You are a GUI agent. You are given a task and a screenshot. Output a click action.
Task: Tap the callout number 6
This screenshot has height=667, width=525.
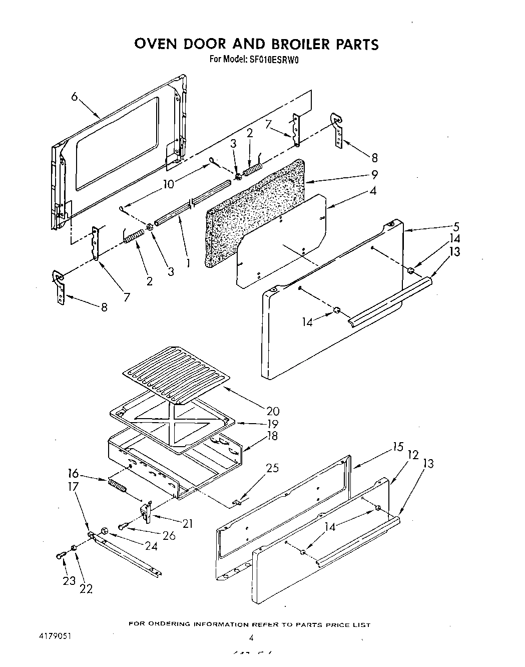tap(75, 96)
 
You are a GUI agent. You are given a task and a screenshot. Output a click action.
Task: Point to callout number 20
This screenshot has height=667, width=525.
tap(273, 411)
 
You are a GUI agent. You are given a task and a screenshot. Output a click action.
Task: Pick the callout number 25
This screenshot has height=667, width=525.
tap(272, 469)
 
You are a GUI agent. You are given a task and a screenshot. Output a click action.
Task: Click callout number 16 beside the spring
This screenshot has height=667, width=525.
tap(73, 473)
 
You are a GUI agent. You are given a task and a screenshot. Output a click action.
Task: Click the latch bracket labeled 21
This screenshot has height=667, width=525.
tap(146, 512)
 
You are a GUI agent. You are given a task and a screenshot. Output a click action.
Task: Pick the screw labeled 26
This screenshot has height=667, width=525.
tap(123, 526)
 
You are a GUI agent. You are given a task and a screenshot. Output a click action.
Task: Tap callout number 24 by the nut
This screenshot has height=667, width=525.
tap(151, 545)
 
